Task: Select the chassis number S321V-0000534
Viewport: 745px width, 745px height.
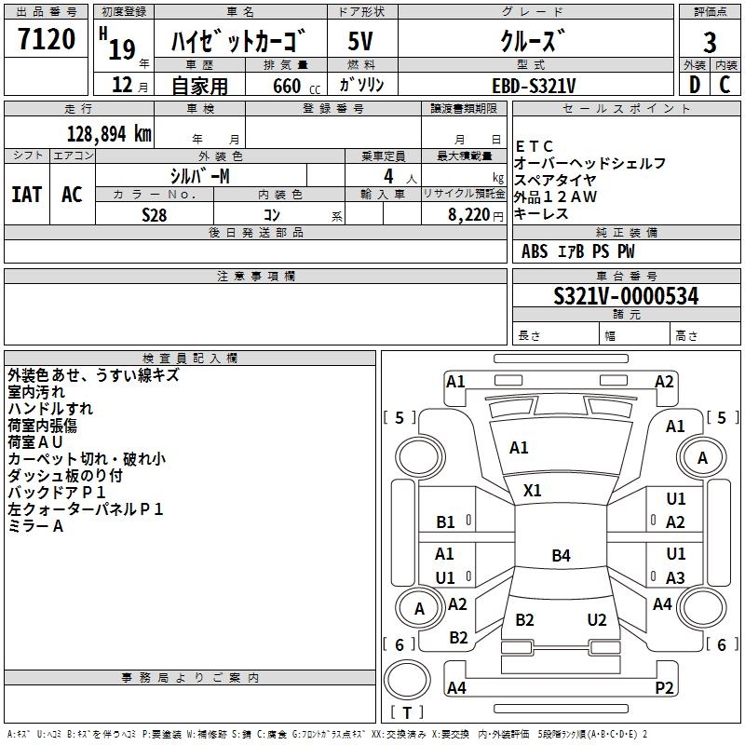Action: (x=626, y=297)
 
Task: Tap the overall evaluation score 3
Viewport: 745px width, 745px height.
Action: (x=711, y=42)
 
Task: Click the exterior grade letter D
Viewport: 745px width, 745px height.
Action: (x=694, y=85)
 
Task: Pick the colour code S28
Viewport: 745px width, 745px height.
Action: (x=154, y=214)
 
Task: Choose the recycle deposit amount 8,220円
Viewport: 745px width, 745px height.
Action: (x=468, y=214)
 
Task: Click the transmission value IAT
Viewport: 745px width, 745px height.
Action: (x=27, y=195)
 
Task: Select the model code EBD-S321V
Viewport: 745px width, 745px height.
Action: (x=534, y=86)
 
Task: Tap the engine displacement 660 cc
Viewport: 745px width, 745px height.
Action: (x=284, y=86)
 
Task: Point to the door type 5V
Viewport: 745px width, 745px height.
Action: (x=360, y=42)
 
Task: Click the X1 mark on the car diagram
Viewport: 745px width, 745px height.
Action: (x=533, y=490)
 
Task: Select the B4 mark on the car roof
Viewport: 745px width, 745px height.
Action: (x=561, y=556)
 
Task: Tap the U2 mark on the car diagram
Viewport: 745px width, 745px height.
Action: (x=597, y=620)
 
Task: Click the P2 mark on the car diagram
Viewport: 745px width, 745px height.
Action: (x=664, y=688)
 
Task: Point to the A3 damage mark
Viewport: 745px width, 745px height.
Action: (x=676, y=577)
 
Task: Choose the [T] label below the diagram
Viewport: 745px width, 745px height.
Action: (x=406, y=713)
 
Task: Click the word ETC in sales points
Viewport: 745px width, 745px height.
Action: (x=535, y=146)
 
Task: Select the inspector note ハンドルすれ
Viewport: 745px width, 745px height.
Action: (x=50, y=409)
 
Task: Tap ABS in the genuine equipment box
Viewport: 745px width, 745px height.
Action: (x=535, y=251)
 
